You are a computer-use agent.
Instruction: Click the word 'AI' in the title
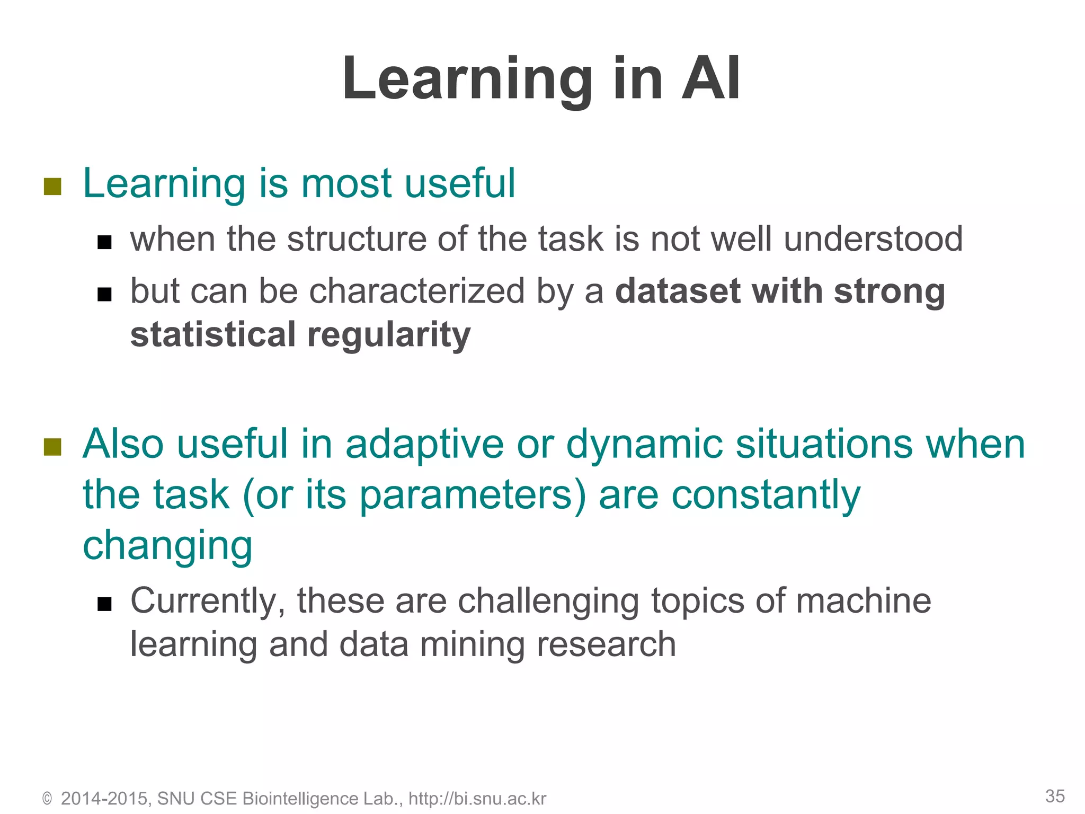[x=711, y=79]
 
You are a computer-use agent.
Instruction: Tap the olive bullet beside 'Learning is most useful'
[x=52, y=186]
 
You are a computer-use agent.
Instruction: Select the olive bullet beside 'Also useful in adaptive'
[x=52, y=447]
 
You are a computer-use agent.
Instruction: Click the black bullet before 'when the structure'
[x=104, y=242]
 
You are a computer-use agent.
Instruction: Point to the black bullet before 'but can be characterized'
[x=104, y=294]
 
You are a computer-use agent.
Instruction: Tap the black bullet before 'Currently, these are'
[x=104, y=604]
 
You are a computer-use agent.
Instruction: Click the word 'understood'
[x=873, y=238]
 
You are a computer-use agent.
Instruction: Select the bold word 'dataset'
[x=677, y=291]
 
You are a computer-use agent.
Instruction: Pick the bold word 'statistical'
[x=213, y=335]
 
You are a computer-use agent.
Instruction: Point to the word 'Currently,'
[x=208, y=601]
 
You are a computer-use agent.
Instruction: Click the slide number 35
[x=1055, y=796]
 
